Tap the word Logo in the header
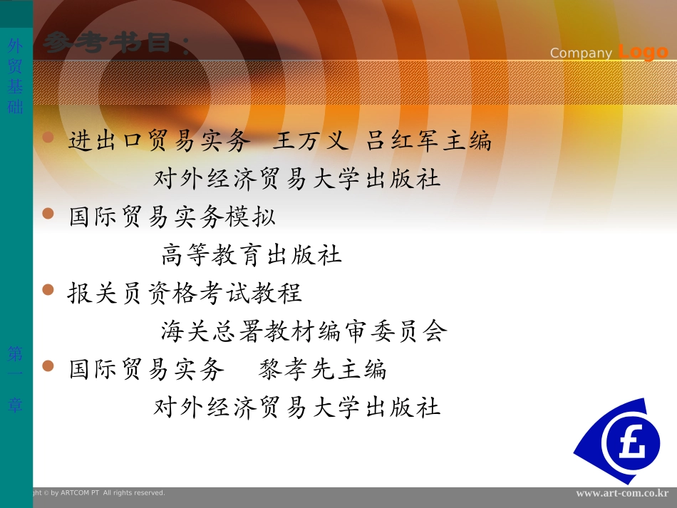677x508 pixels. pyautogui.click(x=643, y=52)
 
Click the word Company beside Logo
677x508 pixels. pyautogui.click(x=581, y=53)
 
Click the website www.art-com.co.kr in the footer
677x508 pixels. pyautogui.click(x=622, y=493)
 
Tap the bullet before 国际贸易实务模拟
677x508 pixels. pyautogui.click(x=48, y=213)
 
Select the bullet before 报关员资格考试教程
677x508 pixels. pyautogui.click(x=48, y=289)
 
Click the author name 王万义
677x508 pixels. pyautogui.click(x=311, y=141)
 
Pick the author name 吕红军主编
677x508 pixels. pyautogui.click(x=429, y=141)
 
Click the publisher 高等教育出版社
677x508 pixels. pyautogui.click(x=252, y=254)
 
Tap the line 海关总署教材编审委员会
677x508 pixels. pyautogui.click(x=304, y=331)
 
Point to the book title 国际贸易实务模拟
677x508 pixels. pyautogui.click(x=172, y=217)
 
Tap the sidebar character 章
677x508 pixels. pyautogui.click(x=15, y=405)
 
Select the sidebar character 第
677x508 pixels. pyautogui.click(x=15, y=353)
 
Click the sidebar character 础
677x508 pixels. pyautogui.click(x=15, y=107)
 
